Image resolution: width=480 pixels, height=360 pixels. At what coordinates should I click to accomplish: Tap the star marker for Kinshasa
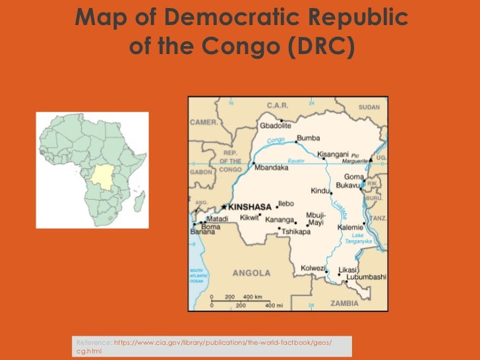pyautogui.click(x=225, y=206)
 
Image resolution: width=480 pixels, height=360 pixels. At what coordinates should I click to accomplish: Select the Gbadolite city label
pyautogui.click(x=276, y=125)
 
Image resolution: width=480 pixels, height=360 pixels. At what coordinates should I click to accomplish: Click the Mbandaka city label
pyautogui.click(x=272, y=167)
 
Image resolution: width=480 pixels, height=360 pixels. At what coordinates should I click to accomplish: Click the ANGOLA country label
pyautogui.click(x=251, y=272)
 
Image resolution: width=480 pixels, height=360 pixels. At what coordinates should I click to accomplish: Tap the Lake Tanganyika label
pyautogui.click(x=363, y=238)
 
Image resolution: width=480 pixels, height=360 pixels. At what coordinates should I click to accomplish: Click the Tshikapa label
pyautogui.click(x=296, y=231)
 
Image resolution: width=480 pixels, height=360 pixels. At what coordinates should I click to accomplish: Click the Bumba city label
pyautogui.click(x=308, y=138)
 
